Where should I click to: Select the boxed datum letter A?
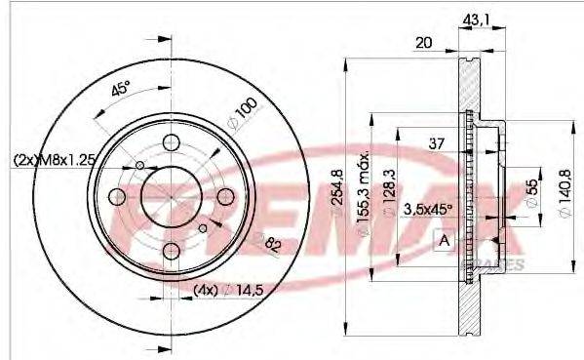[445, 240]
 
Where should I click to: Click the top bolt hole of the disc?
[172, 141]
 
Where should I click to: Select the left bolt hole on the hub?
[117, 197]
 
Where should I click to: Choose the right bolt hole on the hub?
[226, 197]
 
